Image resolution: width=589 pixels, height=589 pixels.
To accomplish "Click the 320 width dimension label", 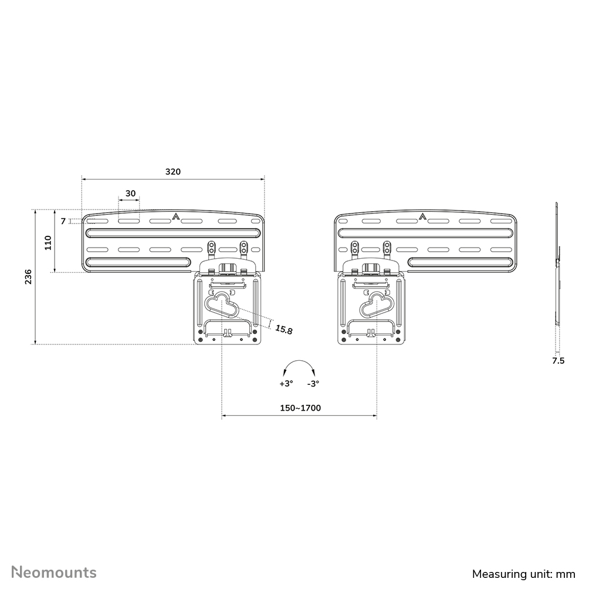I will point(172,172).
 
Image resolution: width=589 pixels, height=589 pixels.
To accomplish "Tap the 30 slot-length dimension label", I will point(130,194).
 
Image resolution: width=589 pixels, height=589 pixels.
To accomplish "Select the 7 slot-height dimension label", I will point(63,221).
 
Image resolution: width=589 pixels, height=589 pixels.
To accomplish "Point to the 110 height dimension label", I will point(49,242).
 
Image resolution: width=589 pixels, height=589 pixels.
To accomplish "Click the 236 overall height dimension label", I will point(28,277).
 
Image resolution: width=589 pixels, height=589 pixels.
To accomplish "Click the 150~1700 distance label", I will point(300,408).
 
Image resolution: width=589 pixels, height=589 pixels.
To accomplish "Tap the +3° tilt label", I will point(286,384).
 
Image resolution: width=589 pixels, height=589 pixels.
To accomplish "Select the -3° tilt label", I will point(313,384).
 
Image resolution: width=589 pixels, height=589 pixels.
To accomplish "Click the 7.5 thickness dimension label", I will point(558,361).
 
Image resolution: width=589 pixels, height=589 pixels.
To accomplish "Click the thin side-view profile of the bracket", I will point(557,270).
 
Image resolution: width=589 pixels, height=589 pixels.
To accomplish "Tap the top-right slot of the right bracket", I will point(503,222).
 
